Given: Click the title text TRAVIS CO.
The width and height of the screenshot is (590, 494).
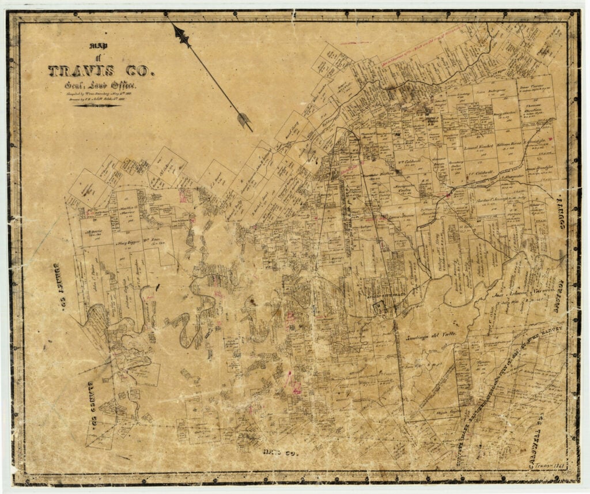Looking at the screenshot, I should pos(101,71).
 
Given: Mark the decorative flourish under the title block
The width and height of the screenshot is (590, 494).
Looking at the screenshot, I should pos(96,105).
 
